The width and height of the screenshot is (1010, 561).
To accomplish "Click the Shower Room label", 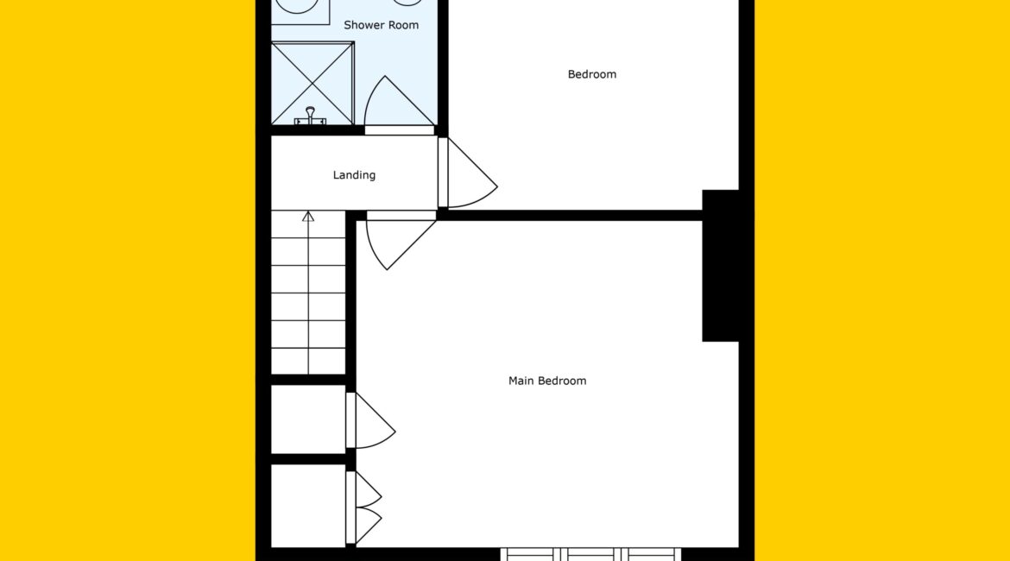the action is pos(381,25).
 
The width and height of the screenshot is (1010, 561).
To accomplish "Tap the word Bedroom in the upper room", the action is pos(591,74).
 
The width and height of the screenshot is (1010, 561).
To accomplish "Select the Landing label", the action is pos(354,174).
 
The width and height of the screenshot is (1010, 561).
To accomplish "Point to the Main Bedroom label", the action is pos(547,381).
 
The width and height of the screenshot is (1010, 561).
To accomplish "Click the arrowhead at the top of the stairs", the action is pos(308,217).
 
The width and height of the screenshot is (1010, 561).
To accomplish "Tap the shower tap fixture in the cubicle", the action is pos(310,116).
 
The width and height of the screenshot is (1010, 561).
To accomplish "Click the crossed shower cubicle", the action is pos(312,83).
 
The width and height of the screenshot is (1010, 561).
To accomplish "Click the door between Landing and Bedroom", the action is pos(467,173).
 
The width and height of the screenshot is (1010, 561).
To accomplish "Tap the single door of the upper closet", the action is pos(369,420).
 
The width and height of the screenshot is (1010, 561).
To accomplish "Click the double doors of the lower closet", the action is pos(363,507).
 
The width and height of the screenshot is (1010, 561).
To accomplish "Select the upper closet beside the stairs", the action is pos(308,419).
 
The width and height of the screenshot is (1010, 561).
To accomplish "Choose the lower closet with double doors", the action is pos(308,506).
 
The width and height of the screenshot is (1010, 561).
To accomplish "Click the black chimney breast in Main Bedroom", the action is pos(720,265).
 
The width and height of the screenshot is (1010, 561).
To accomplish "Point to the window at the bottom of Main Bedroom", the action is pos(590,554).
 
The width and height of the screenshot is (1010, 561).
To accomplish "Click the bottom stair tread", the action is pos(308,362).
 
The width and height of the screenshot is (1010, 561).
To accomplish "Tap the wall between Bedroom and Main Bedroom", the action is pos(570,215).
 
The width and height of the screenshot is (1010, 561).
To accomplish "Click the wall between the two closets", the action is pos(308,459).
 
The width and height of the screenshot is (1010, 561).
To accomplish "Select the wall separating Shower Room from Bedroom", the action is pos(443,67).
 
